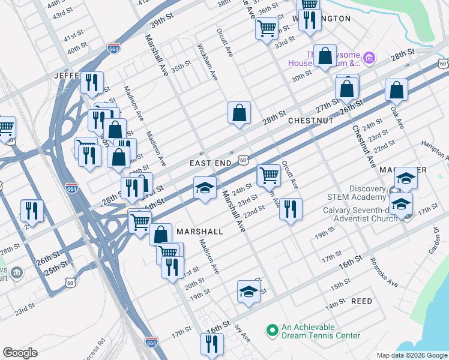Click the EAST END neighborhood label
[x=211, y=163]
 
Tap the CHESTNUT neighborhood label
[x=310, y=121]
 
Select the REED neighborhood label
[x=361, y=301]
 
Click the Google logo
[x=20, y=352]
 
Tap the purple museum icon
[x=369, y=58]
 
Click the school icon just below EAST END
[x=205, y=188]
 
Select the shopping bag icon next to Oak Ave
[x=396, y=89]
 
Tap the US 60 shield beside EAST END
[x=242, y=160]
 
